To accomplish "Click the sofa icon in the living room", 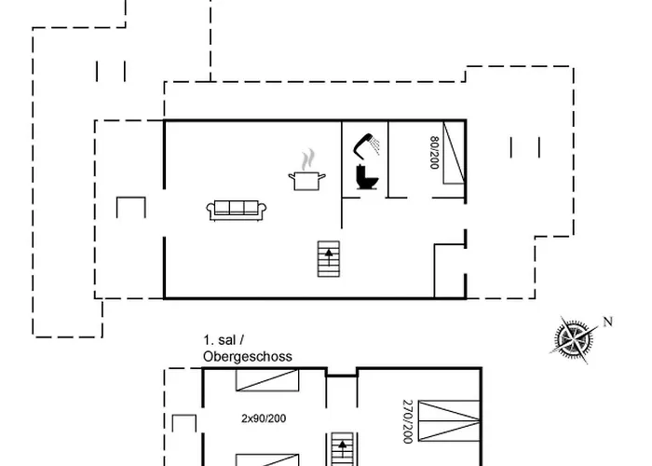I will tap(237, 210).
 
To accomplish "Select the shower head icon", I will tap(364, 144).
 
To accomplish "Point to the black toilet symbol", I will tap(363, 178).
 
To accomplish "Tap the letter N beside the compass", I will tap(608, 322).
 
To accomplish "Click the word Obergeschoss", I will tap(247, 356).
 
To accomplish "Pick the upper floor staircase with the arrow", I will tap(342, 448).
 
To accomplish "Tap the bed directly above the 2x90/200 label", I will tap(266, 380).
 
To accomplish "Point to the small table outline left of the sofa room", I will tap(130, 207).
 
